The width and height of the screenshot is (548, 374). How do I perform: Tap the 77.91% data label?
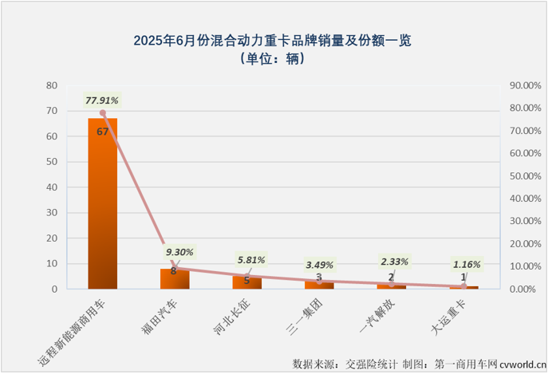pyautogui.click(x=102, y=100)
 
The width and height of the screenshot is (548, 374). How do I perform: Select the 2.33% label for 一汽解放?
pyautogui.click(x=394, y=261)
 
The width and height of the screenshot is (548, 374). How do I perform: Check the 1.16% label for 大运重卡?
pyautogui.click(x=467, y=264)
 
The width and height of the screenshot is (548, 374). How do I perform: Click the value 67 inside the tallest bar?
pyautogui.click(x=102, y=132)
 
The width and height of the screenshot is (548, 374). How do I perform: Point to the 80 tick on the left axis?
pyautogui.click(x=52, y=85)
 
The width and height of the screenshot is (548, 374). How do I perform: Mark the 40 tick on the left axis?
pyautogui.click(x=52, y=187)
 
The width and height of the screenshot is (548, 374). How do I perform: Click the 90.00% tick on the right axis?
pyautogui.click(x=522, y=85)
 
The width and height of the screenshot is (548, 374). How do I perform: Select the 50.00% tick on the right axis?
pyautogui.click(x=522, y=175)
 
